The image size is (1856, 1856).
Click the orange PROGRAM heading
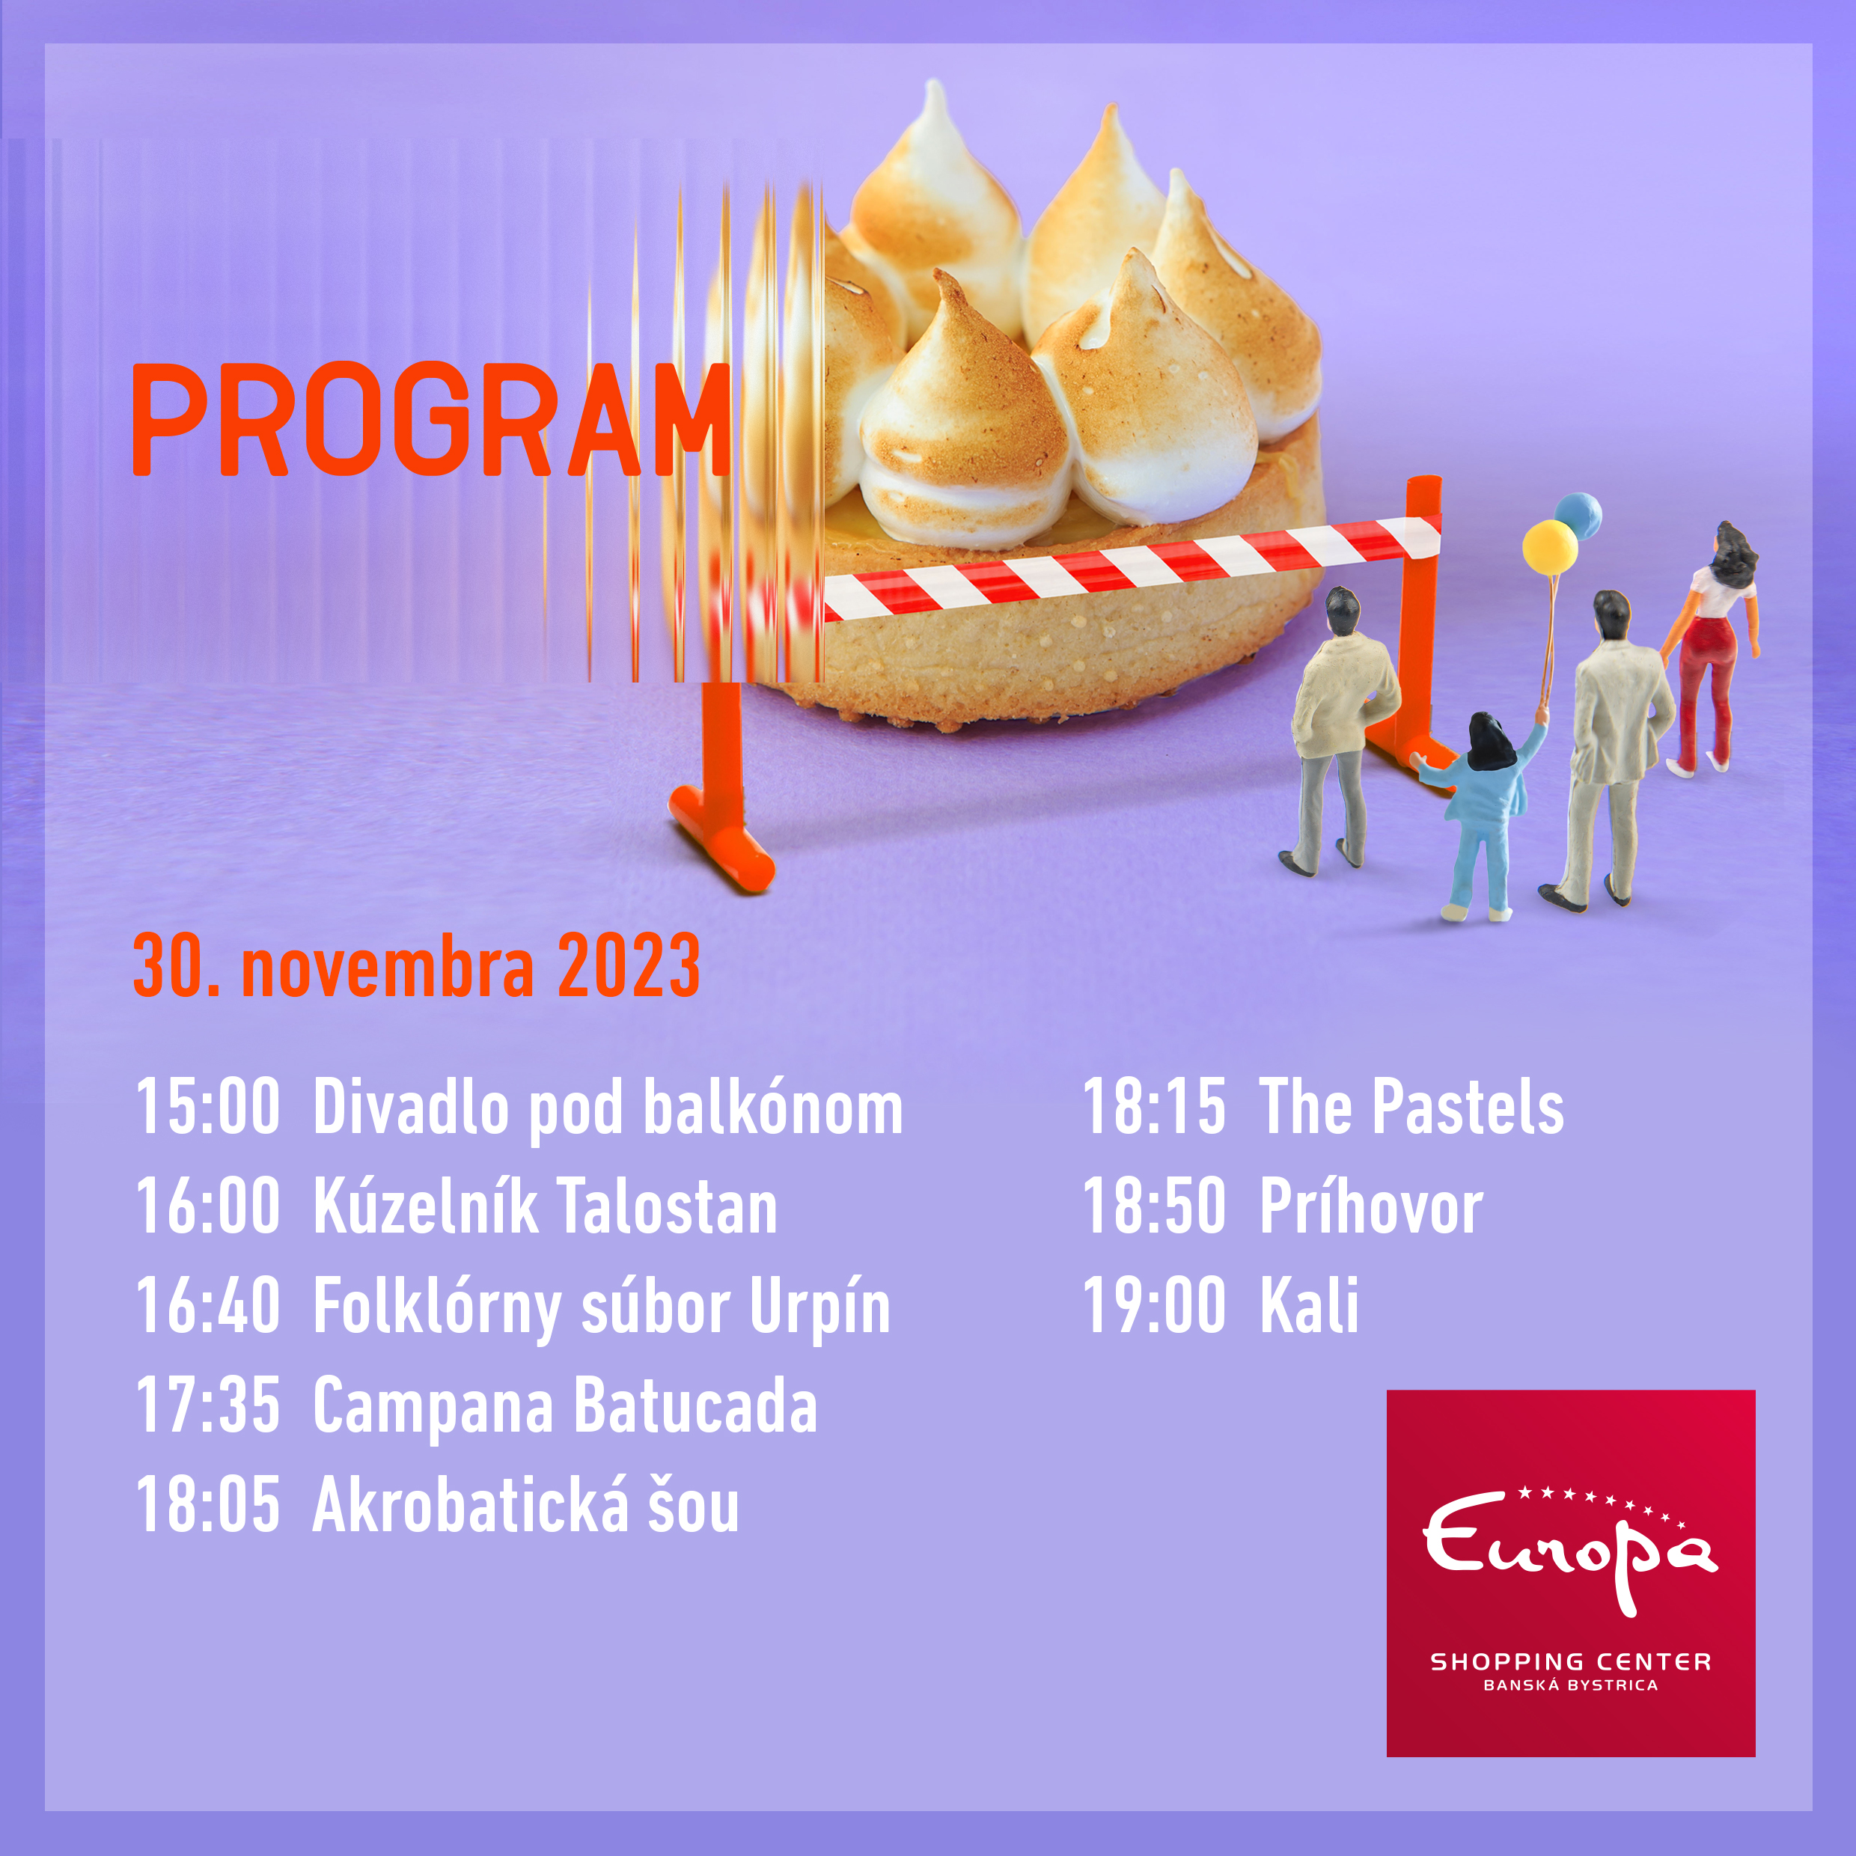[x=431, y=419]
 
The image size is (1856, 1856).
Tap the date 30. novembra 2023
[x=417, y=965]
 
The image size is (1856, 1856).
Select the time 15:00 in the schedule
[x=207, y=1107]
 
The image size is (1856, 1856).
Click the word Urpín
[x=819, y=1308]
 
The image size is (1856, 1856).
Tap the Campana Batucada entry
[x=565, y=1408]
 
